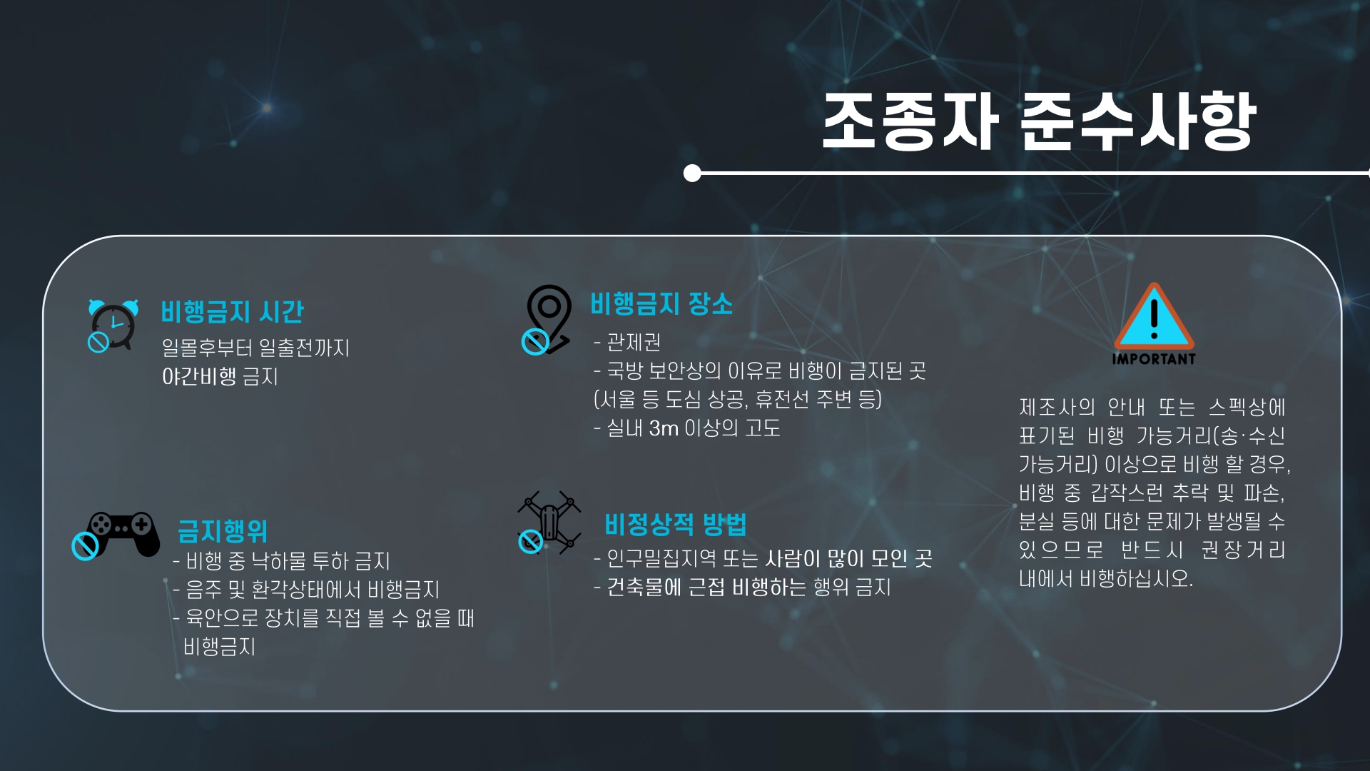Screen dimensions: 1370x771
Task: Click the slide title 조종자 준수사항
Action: coord(1038,121)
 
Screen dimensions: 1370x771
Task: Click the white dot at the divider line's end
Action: coord(691,173)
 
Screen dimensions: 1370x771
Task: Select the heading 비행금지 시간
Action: coord(232,312)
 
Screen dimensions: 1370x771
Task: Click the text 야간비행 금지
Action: coord(220,376)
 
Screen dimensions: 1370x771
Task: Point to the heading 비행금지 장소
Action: coord(661,304)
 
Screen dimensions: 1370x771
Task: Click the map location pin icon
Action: coord(548,318)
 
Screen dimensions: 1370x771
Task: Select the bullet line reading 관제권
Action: coord(633,343)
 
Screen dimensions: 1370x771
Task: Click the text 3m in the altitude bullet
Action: coord(664,428)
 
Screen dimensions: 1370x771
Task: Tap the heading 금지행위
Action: coord(222,531)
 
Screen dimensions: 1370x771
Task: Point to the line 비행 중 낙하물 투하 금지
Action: coord(287,561)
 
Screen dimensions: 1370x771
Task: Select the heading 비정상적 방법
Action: coord(675,525)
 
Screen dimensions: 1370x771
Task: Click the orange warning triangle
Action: coord(1154,317)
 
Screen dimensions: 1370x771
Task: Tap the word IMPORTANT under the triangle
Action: coord(1154,359)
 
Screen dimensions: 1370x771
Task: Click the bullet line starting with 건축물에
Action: coord(748,588)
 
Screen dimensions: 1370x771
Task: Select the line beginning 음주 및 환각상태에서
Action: coord(312,590)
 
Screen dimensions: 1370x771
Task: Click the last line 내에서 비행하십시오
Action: coord(1105,578)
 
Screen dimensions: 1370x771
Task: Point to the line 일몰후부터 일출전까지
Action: coord(255,348)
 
